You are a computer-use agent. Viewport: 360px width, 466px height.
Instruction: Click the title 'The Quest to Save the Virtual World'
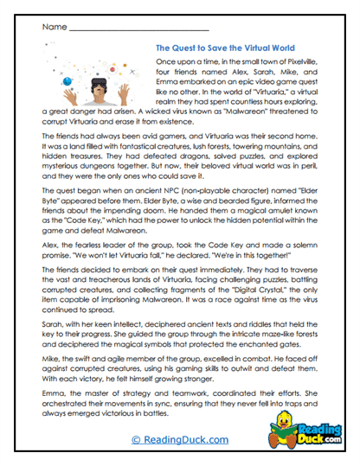click(x=227, y=48)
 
